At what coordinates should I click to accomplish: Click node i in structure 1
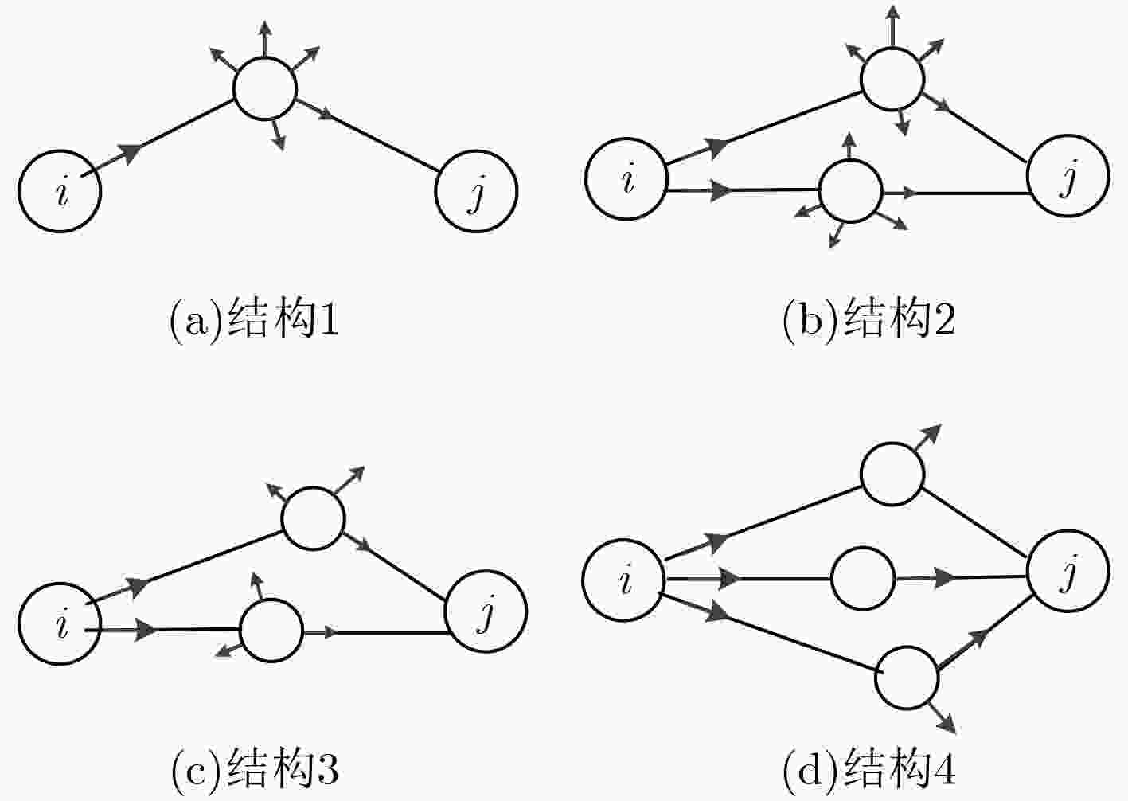pos(60,191)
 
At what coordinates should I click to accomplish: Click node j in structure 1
pos(476,191)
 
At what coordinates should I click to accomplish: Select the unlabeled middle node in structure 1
pos(265,88)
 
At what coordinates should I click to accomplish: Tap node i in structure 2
pos(626,178)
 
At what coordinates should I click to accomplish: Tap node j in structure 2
pos(1068,176)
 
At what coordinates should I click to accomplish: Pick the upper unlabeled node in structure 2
pos(893,79)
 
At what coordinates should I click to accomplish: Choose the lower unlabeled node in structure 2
pos(851,190)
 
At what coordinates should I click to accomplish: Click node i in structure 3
pos(60,623)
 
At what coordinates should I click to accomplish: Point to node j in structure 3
pos(486,611)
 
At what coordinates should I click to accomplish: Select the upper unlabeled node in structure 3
pos(313,518)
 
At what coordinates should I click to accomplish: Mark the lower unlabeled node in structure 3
pos(272,631)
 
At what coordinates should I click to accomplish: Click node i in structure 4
pos(623,580)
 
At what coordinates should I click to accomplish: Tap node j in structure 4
pos(1068,571)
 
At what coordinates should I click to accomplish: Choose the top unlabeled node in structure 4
pos(893,474)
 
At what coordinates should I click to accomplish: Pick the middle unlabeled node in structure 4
pos(863,578)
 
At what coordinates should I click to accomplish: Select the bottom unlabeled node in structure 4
pos(907,678)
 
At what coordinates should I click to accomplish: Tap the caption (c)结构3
pos(255,769)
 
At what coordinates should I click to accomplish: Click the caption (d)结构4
pos(869,769)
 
